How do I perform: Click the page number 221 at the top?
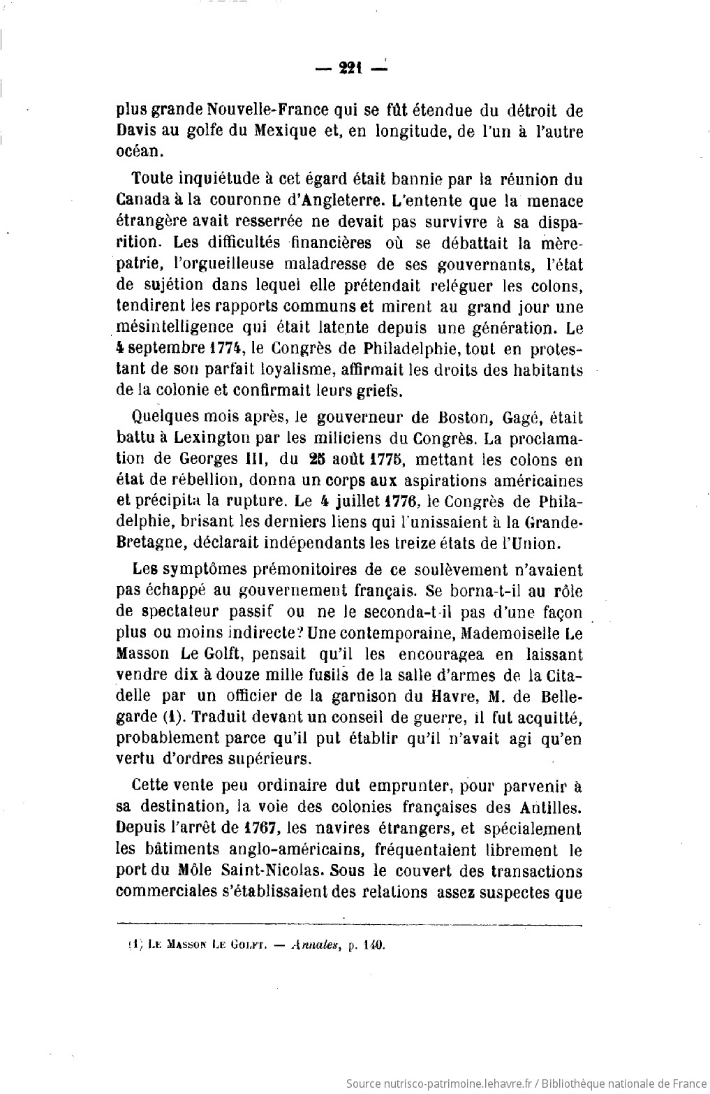(348, 68)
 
